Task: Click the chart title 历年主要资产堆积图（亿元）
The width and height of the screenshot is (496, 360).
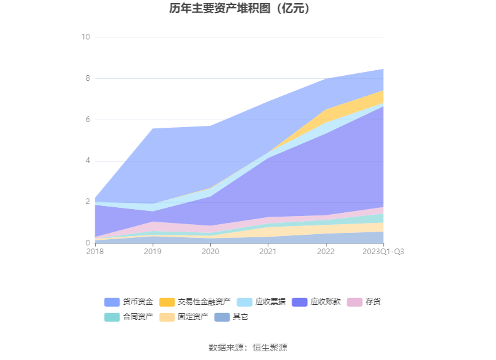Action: [x=248, y=9]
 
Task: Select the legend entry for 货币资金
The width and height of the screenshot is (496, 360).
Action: [x=129, y=302]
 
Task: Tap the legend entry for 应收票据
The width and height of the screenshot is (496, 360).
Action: [x=262, y=302]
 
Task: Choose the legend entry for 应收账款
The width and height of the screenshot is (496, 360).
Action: [x=318, y=302]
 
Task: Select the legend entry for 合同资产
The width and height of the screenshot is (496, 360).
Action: [x=129, y=317]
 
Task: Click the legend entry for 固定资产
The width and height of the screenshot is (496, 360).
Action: [x=185, y=317]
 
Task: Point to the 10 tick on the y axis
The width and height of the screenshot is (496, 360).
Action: [x=86, y=38]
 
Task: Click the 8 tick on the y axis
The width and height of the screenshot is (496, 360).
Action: [x=88, y=79]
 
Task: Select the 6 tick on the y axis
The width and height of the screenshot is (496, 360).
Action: [x=88, y=120]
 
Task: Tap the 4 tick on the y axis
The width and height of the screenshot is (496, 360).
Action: [x=88, y=161]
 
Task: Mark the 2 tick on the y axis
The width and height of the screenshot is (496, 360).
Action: [x=88, y=202]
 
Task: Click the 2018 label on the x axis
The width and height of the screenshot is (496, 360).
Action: [x=95, y=251]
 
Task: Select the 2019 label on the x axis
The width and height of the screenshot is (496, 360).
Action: [x=153, y=251]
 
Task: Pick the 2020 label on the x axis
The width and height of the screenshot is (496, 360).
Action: [x=210, y=251]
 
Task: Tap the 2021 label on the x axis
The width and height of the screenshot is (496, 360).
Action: [x=268, y=251]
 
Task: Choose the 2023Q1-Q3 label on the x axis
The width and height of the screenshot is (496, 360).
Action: [x=383, y=251]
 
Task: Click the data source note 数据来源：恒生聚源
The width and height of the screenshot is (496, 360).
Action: [x=248, y=347]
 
